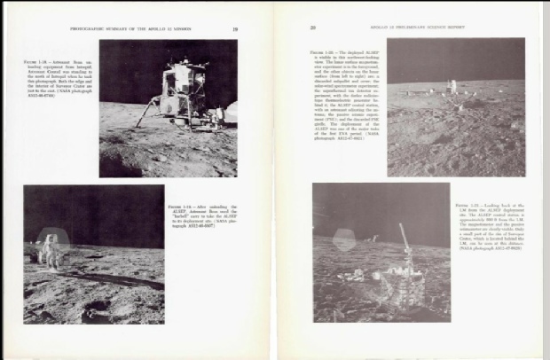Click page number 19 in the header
tap(234, 27)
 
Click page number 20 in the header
tap(313, 27)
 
